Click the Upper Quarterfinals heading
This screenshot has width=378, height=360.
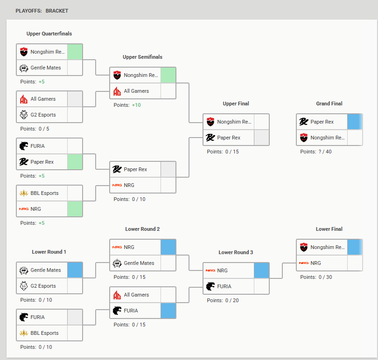click(x=49, y=34)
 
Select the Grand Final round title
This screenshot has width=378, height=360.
click(x=329, y=104)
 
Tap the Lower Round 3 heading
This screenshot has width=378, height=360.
click(x=236, y=252)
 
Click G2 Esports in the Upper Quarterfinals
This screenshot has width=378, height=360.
click(x=43, y=115)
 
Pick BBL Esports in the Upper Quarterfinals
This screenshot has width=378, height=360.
click(x=44, y=193)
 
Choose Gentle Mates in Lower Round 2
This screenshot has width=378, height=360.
click(x=139, y=263)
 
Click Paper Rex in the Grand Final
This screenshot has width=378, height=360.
click(x=322, y=122)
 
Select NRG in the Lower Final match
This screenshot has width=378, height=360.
click(x=315, y=263)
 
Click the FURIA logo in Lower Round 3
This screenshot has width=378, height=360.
click(x=210, y=286)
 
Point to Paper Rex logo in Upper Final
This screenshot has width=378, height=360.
click(x=210, y=138)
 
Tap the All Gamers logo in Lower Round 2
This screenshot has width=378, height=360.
click(x=117, y=295)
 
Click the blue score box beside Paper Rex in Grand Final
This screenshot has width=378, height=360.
click(x=355, y=122)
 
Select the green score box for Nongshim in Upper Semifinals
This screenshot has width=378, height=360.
click(x=168, y=75)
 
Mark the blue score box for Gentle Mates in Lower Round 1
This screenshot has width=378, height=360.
click(x=75, y=270)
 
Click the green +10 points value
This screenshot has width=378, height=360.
click(x=136, y=105)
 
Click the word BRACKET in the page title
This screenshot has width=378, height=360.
click(x=57, y=11)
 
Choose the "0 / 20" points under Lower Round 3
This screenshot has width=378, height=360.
click(x=231, y=300)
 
